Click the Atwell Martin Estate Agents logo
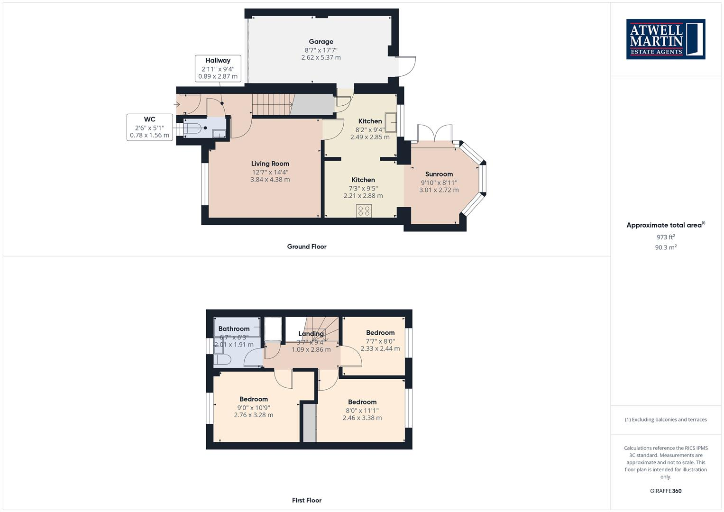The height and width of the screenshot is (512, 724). tap(666, 39)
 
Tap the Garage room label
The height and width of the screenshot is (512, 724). tap(321, 42)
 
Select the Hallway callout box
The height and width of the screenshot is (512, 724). tap(218, 68)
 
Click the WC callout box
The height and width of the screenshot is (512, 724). tap(149, 127)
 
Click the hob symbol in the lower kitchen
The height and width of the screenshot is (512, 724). tap(364, 210)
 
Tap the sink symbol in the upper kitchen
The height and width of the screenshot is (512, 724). tap(391, 122)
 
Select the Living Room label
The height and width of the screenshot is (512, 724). tap(270, 164)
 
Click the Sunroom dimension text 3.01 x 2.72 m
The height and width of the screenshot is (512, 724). tap(439, 190)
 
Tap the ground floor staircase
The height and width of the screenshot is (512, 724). tap(271, 104)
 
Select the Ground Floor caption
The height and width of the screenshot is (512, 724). tap(306, 247)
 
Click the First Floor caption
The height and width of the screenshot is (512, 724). tap(306, 500)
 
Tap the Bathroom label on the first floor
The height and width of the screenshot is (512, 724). tap(234, 329)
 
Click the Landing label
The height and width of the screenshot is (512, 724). tap(311, 334)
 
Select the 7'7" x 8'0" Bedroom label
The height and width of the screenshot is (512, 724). tap(380, 333)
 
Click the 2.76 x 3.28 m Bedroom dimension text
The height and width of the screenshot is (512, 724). tap(253, 415)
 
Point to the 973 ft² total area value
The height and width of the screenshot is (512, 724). tap(665, 237)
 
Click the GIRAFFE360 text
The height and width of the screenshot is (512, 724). tap(665, 491)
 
